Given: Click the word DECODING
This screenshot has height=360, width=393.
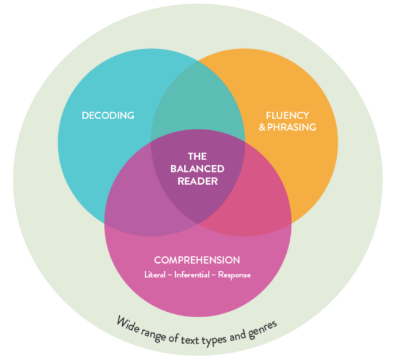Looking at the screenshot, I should point(108,115).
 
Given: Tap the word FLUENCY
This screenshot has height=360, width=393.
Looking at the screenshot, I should point(287,115).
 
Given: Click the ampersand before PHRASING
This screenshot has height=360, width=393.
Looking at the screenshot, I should point(263,127).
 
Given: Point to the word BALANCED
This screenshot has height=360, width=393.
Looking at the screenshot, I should point(197,169).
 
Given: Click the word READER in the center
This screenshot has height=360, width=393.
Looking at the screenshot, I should point(197,181).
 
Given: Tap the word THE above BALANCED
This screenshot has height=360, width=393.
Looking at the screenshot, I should point(197,156).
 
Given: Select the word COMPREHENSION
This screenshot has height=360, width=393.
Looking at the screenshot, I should point(197,260).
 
